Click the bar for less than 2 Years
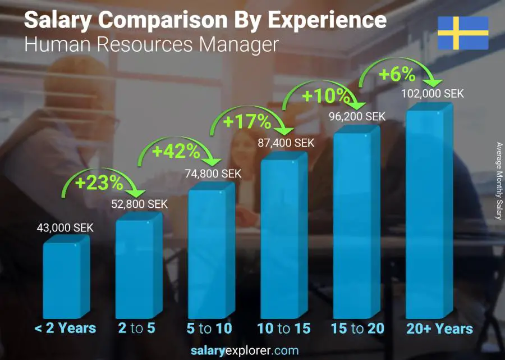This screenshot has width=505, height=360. [66, 277]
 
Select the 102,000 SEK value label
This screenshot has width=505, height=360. [433, 94]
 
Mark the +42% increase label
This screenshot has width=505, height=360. [176, 151]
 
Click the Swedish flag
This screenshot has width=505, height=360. [463, 33]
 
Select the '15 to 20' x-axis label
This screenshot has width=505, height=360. [357, 328]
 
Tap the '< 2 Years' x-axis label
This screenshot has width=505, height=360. [66, 328]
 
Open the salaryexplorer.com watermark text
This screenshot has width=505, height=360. [245, 350]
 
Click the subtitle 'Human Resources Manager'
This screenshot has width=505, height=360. [151, 44]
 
